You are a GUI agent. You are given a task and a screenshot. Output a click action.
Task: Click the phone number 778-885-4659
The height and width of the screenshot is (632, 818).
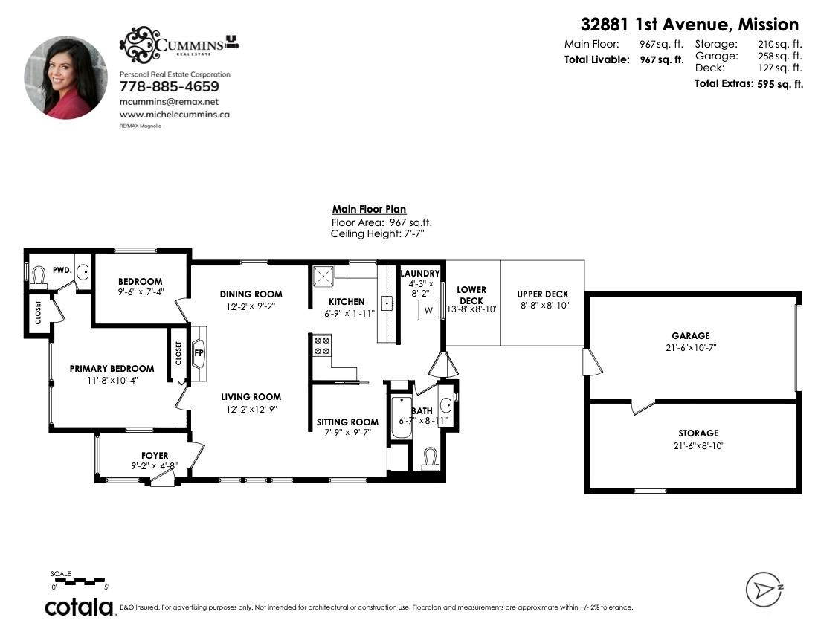170,86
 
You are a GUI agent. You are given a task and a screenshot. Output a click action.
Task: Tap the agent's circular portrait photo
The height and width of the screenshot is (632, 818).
65,77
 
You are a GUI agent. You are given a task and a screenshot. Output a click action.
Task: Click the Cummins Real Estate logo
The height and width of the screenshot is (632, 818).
179,45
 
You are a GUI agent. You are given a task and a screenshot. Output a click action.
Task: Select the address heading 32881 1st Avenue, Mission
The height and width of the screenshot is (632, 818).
689,25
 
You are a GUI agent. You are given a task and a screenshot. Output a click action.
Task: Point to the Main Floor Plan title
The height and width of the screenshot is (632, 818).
369,209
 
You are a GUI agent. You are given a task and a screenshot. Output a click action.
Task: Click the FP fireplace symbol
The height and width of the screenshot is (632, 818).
199,353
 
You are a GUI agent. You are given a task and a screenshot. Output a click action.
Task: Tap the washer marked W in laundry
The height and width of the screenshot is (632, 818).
428,310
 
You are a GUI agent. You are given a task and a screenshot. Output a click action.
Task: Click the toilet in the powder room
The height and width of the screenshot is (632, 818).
39,277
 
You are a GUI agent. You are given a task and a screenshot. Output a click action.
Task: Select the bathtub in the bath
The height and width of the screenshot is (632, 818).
400,418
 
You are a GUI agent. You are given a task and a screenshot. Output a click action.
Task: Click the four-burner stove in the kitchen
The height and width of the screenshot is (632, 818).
322,346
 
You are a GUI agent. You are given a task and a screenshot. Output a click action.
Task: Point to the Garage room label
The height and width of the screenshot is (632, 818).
691,336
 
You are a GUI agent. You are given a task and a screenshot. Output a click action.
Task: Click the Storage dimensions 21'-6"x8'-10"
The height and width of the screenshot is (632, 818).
698,446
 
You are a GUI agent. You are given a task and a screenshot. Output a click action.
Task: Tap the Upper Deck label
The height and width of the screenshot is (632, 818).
543,294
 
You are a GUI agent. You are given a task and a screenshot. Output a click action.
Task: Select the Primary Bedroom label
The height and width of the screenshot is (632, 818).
112,369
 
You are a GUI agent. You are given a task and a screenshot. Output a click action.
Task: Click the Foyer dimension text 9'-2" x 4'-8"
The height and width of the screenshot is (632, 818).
155,466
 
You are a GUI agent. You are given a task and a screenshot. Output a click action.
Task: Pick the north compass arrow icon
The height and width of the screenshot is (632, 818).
764,590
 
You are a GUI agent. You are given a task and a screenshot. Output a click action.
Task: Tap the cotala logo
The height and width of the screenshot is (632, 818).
79,607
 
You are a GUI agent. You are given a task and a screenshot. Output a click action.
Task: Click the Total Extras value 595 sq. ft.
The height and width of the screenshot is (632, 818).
780,84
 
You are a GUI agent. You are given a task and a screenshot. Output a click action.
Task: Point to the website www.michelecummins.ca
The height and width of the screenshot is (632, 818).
174,115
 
